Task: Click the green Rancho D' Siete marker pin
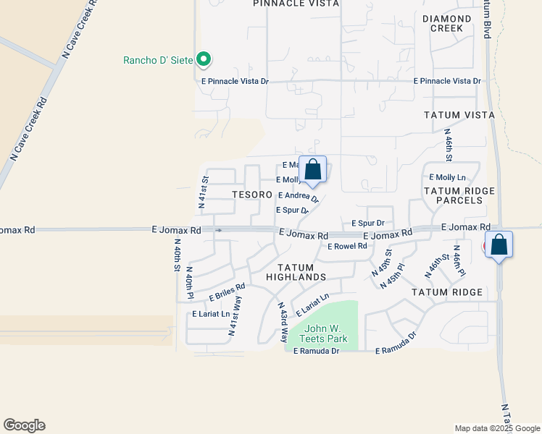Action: point(204,59)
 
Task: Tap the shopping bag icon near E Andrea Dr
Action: point(312,171)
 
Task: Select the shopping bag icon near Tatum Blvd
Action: point(499,245)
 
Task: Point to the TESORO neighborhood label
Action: point(251,195)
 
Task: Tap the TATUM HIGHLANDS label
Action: point(296,272)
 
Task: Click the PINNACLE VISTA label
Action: point(296,4)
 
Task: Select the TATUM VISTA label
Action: point(459,115)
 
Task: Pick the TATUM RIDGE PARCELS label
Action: point(459,195)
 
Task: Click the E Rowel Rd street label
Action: point(348,246)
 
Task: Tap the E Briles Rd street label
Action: point(228,292)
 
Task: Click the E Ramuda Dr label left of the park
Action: point(315,351)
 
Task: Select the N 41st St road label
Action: point(204,192)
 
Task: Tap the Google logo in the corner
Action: point(24,425)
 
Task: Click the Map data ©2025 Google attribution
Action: point(496,428)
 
